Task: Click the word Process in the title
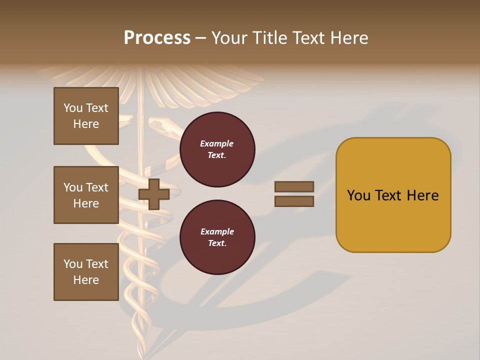click(x=157, y=38)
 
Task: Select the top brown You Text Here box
click(x=86, y=116)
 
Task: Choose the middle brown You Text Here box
click(x=86, y=195)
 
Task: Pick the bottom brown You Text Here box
click(x=86, y=272)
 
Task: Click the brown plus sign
click(x=154, y=194)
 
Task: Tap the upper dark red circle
click(x=217, y=149)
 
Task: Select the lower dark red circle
click(x=217, y=237)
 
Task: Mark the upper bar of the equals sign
click(x=294, y=186)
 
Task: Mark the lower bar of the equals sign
click(x=294, y=201)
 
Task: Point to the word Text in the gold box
click(x=391, y=195)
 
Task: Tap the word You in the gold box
click(x=359, y=195)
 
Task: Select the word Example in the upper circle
click(x=217, y=143)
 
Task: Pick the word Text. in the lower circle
click(x=217, y=243)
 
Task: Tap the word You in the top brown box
click(x=73, y=108)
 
